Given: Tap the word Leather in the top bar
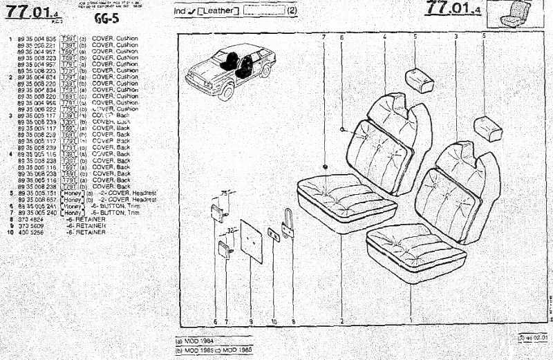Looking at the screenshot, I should [x=218, y=11].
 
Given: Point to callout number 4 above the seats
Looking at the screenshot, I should [x=384, y=36].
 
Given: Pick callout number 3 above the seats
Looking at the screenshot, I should [x=456, y=36].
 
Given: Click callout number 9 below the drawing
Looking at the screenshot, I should [x=251, y=321].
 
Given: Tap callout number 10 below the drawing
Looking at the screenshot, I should [x=274, y=321].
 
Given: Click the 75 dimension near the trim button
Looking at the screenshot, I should [x=223, y=193].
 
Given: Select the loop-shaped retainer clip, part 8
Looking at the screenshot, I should [x=288, y=224].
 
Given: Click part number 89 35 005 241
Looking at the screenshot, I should [x=37, y=207].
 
